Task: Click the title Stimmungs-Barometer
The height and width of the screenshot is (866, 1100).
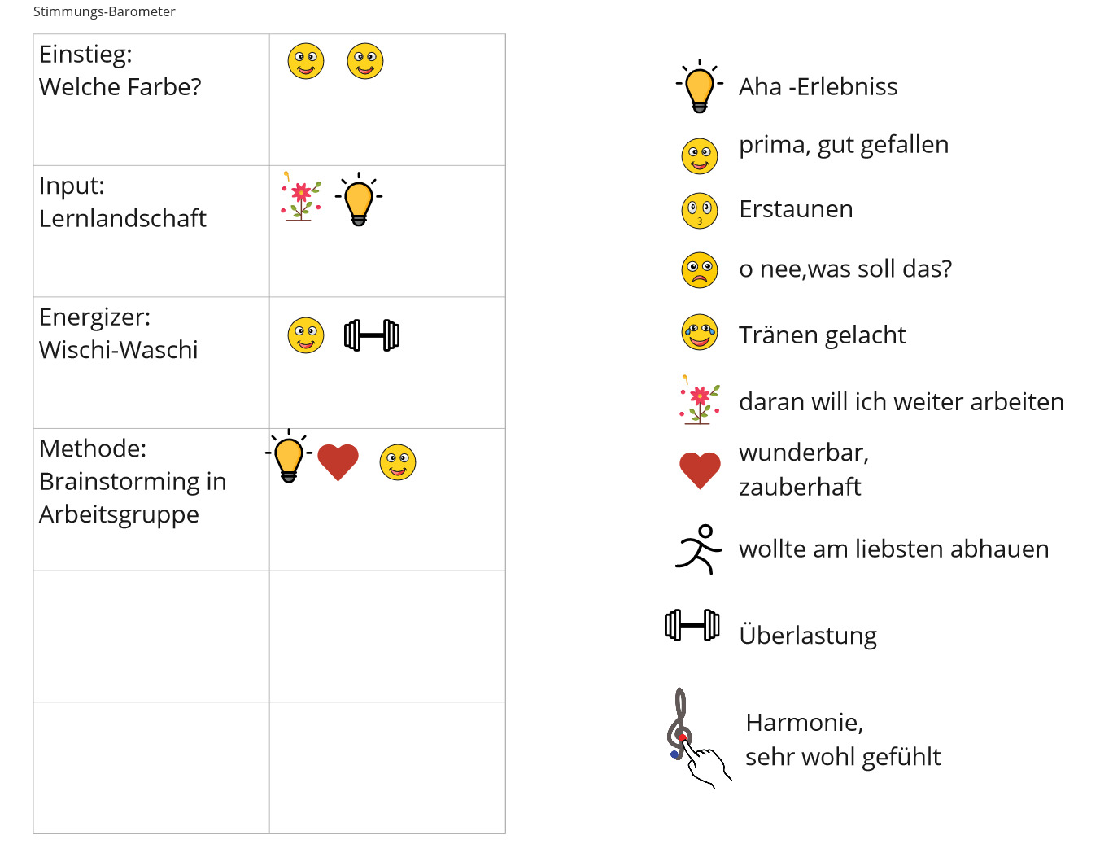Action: click(x=104, y=11)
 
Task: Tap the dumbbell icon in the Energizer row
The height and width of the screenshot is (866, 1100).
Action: click(x=372, y=335)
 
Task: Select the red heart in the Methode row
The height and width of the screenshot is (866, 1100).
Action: click(x=338, y=462)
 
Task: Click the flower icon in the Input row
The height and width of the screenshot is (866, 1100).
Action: click(x=301, y=197)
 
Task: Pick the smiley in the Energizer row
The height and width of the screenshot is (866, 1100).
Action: click(x=306, y=335)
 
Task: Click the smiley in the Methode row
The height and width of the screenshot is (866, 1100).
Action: click(x=398, y=462)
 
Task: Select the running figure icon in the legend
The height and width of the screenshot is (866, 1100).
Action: click(x=698, y=549)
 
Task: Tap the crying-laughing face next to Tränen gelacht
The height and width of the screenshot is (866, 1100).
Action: click(x=699, y=332)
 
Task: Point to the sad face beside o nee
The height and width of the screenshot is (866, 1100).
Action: click(x=699, y=270)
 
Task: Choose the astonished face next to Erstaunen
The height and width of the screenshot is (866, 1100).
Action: click(x=699, y=210)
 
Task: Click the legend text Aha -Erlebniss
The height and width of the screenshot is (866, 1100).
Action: click(x=818, y=86)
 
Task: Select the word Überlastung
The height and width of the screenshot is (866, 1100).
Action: click(x=808, y=636)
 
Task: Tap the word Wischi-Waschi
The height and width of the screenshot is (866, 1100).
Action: click(x=118, y=350)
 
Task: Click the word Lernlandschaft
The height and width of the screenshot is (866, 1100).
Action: click(x=123, y=218)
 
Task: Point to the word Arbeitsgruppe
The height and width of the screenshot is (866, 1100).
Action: click(x=119, y=514)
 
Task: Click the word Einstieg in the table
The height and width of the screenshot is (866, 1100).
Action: click(x=85, y=55)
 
